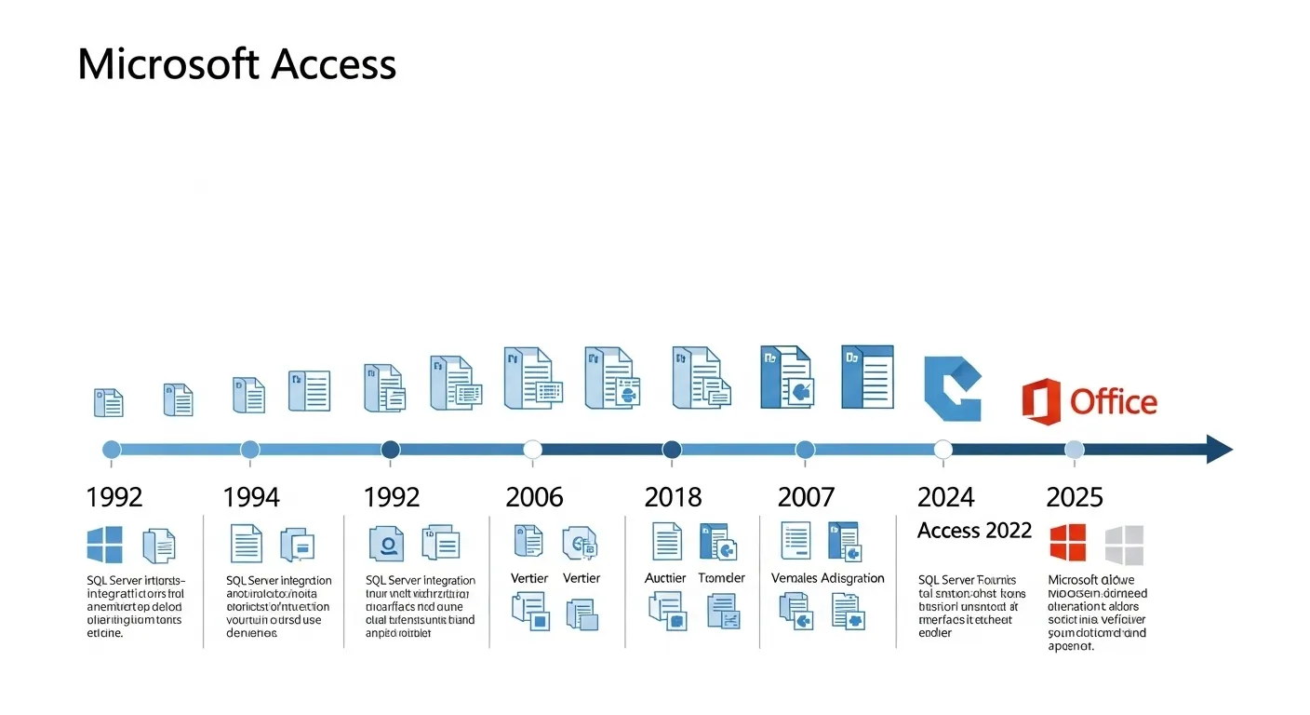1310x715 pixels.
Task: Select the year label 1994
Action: tap(251, 497)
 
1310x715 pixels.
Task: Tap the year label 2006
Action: tap(534, 497)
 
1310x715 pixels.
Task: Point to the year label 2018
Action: tap(674, 497)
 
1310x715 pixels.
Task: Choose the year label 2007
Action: tap(806, 497)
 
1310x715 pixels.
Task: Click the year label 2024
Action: tap(946, 497)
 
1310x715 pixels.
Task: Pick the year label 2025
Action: tap(1075, 497)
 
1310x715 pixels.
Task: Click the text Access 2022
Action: tap(974, 531)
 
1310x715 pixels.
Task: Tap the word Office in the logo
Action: tap(1113, 402)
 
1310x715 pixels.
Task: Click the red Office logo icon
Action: tap(1041, 402)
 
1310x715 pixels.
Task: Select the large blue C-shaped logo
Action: tap(952, 388)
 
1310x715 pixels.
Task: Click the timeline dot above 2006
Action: tap(533, 450)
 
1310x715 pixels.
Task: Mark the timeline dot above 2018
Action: tap(672, 450)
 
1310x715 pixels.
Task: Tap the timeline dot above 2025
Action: tap(1074, 450)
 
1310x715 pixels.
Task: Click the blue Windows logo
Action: tap(104, 545)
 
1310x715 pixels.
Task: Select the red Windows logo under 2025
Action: tap(1068, 543)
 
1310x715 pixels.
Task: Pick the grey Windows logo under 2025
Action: tap(1124, 545)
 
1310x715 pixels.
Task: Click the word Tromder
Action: tap(721, 578)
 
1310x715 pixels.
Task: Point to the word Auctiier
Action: tap(665, 578)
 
